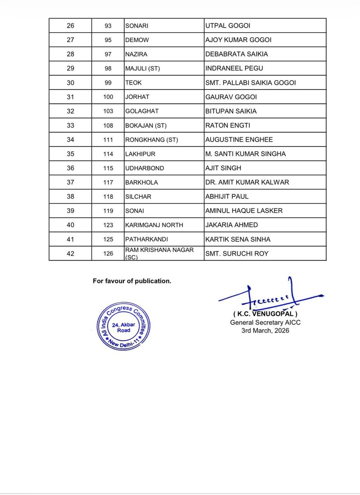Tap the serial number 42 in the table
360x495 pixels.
71,253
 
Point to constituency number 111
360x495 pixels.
109,140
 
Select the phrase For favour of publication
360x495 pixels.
132,281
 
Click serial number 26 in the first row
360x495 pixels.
71,26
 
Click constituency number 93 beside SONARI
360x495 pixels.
109,26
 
